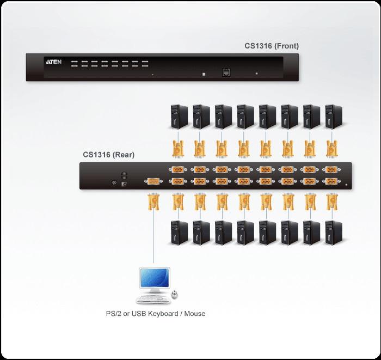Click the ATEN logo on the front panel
click(53, 63)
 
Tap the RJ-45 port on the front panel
click(225, 72)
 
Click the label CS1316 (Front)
click(271, 46)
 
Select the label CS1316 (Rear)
click(108, 155)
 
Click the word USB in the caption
click(133, 314)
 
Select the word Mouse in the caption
click(195, 314)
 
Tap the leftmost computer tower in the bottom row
click(177, 231)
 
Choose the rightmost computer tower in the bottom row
click(330, 231)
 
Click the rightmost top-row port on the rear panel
click(330, 170)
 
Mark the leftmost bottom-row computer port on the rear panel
click(177, 182)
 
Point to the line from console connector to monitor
click(154, 240)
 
